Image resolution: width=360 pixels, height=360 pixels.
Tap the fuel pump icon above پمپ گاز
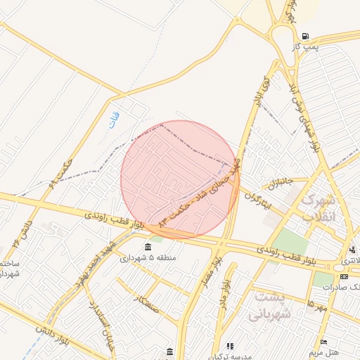click(304, 36)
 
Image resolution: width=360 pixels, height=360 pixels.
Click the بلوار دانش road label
click(36, 330)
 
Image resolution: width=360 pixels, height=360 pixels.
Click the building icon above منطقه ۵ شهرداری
click(148, 247)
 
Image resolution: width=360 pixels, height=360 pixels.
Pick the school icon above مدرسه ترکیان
click(170, 350)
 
